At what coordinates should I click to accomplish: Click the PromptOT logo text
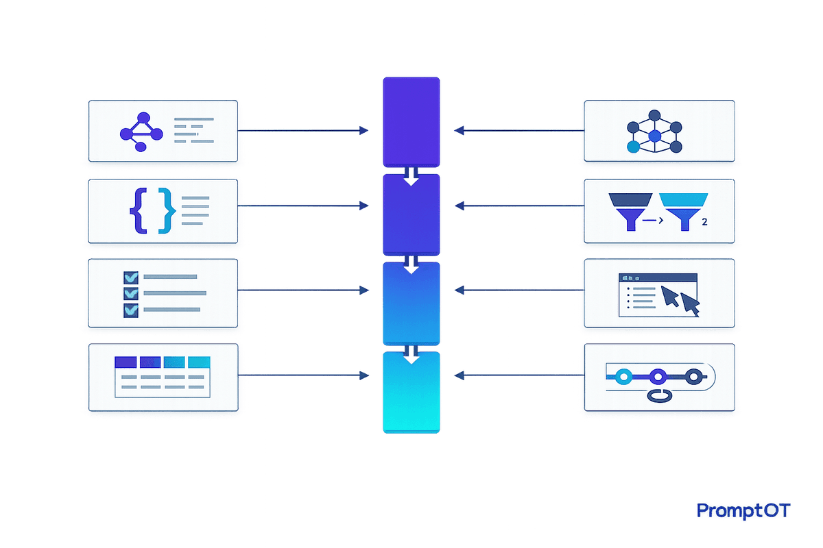pyautogui.click(x=743, y=510)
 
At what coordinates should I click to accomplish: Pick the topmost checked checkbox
pyautogui.click(x=130, y=277)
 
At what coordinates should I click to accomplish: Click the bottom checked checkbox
pyautogui.click(x=130, y=310)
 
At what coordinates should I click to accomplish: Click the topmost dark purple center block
pyautogui.click(x=411, y=121)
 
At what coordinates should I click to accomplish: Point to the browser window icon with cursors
pyautogui.click(x=659, y=295)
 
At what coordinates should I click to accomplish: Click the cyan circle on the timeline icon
pyautogui.click(x=623, y=376)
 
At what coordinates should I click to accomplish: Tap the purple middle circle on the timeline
pyautogui.click(x=658, y=376)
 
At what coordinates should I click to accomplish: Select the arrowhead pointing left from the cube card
pyautogui.click(x=458, y=129)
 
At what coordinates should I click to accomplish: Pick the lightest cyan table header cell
pyautogui.click(x=199, y=362)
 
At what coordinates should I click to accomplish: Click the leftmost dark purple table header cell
pyautogui.click(x=126, y=362)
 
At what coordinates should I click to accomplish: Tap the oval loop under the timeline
pyautogui.click(x=659, y=395)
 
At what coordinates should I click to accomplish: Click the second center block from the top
pyautogui.click(x=411, y=214)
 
